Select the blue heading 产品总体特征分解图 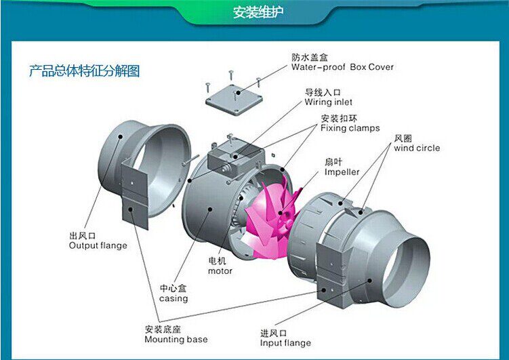(x=84, y=71)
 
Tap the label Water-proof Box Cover (x=342, y=67)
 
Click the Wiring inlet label (x=328, y=102)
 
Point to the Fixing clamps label (x=350, y=127)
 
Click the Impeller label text (x=342, y=172)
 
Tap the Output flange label (x=98, y=245)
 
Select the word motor (x=220, y=271)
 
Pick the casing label (x=174, y=298)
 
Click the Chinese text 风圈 (x=403, y=138)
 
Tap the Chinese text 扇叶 (x=333, y=163)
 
